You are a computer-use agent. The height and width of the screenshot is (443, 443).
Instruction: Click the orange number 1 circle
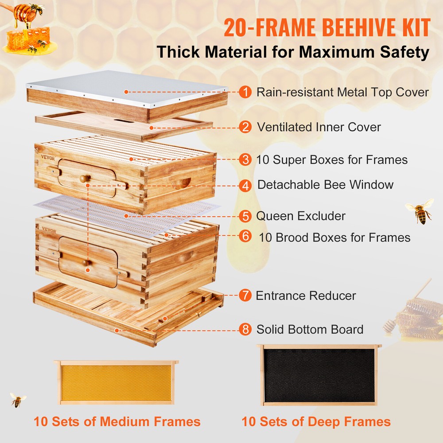[245, 92]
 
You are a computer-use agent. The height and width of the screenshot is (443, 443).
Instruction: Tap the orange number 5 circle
[245, 216]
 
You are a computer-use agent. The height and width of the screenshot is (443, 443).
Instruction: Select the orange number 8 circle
[245, 330]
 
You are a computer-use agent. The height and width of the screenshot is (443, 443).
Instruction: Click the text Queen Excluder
[301, 216]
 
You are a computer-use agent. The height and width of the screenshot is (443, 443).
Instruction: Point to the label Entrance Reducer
[306, 295]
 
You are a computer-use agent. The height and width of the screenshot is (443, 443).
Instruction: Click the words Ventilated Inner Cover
[319, 127]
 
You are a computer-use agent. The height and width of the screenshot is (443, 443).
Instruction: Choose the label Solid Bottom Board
[310, 330]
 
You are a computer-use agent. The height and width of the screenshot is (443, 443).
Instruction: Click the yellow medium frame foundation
[116, 383]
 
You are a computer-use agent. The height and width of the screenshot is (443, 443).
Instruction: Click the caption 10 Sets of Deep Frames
[316, 421]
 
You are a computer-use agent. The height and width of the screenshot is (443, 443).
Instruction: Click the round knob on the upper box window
[84, 179]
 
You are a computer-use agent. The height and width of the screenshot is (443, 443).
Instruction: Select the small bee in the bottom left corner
[18, 400]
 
